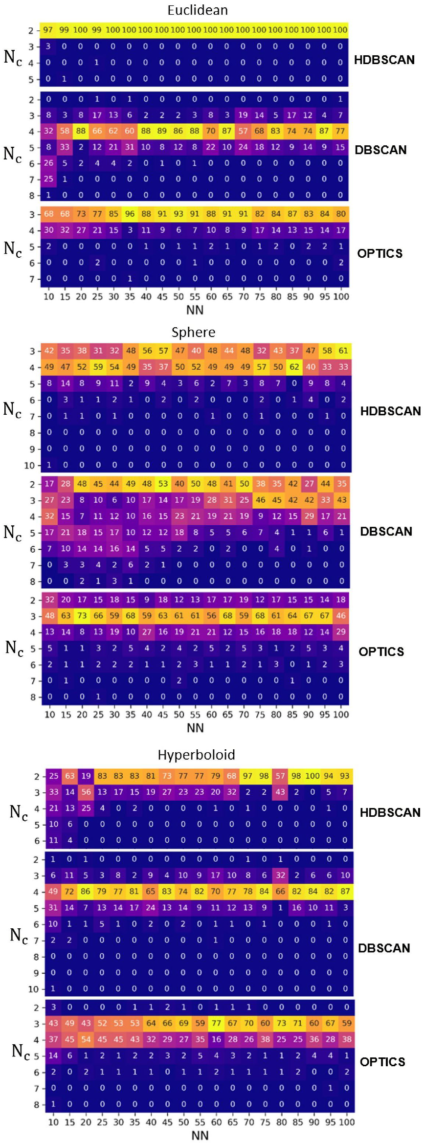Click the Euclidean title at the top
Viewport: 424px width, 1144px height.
point(198,10)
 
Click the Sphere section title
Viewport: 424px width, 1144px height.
point(193,332)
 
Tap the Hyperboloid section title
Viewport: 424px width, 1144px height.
point(196,754)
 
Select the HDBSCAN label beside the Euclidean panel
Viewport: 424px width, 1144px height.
point(384,60)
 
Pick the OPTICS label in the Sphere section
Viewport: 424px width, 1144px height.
point(381,651)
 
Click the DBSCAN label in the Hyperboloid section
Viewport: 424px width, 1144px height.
point(384,948)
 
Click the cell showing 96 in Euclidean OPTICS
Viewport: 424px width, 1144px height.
point(130,214)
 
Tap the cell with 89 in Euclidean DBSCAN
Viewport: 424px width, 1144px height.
point(162,131)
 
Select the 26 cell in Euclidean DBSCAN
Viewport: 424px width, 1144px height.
point(48,163)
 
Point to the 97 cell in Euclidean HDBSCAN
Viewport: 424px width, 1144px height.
point(48,30)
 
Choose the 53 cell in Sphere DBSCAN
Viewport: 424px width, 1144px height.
point(163,484)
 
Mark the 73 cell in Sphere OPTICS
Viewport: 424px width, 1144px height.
point(82,615)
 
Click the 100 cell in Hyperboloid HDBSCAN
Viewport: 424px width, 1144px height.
point(312,776)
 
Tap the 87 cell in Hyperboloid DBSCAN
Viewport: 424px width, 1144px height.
point(345,891)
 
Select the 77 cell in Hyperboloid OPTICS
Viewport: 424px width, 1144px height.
point(216,1023)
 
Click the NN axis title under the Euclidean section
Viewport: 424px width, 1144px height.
point(195,310)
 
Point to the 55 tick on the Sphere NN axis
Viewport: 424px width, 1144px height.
point(195,714)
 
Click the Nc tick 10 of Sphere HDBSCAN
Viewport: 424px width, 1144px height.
point(29,465)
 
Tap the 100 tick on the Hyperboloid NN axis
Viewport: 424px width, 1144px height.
point(347,1122)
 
